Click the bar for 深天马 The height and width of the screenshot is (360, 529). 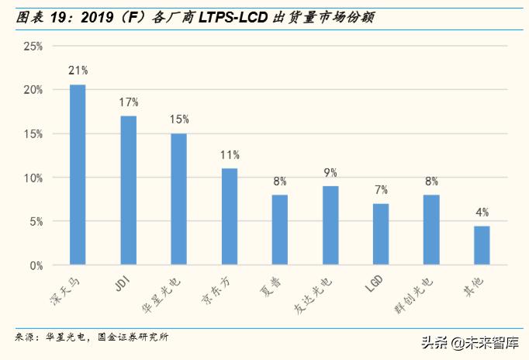tap(78, 175)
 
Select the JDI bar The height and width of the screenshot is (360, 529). tap(128, 190)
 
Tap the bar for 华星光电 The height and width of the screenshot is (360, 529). tap(178, 199)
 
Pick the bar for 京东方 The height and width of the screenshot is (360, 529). tap(230, 216)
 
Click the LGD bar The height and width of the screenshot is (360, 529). tap(381, 234)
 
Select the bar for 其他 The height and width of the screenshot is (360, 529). tap(482, 245)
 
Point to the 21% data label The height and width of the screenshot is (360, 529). tap(78, 71)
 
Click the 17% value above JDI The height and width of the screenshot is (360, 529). tap(129, 102)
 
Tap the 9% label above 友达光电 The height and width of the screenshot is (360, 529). tap(330, 172)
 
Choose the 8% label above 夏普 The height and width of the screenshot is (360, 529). tap(280, 181)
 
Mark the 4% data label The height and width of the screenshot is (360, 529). tap(482, 212)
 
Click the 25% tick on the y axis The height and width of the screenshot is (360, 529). tap(33, 46)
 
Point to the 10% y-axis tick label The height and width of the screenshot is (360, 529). tap(33, 178)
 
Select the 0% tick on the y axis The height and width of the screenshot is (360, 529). tap(36, 265)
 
